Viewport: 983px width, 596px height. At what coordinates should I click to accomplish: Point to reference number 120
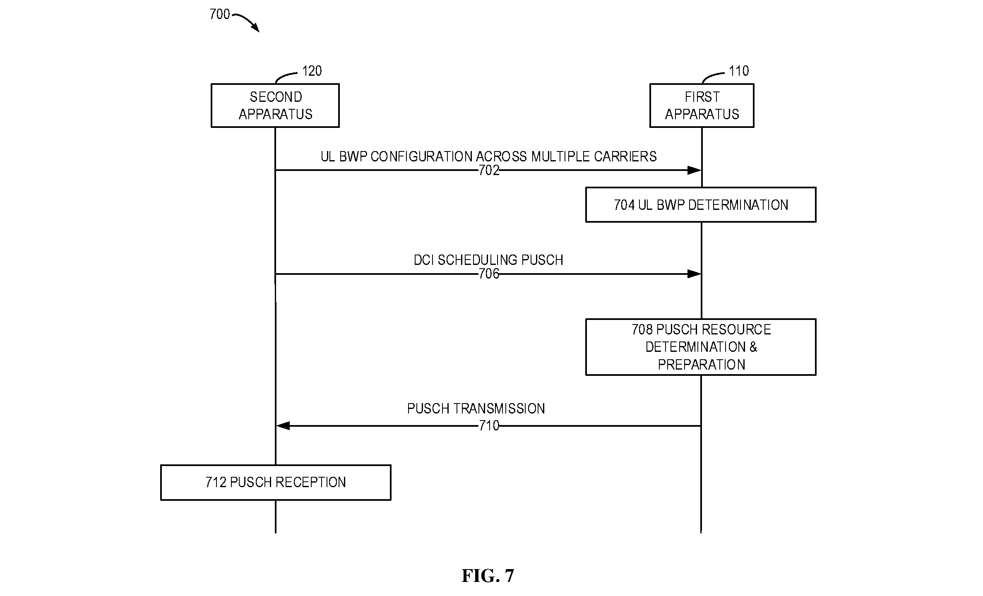pyautogui.click(x=312, y=71)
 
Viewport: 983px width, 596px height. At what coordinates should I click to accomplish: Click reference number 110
pyautogui.click(x=739, y=71)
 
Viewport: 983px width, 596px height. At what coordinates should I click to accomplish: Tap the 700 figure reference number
pyautogui.click(x=220, y=14)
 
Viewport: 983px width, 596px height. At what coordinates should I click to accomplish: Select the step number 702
pyautogui.click(x=489, y=171)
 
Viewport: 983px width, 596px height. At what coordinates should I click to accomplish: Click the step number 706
pyautogui.click(x=489, y=274)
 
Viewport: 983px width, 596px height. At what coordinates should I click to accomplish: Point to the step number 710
pyautogui.click(x=489, y=426)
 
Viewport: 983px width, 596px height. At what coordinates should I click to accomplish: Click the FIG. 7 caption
pyautogui.click(x=488, y=576)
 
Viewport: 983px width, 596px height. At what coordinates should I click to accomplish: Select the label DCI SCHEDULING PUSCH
pyautogui.click(x=488, y=260)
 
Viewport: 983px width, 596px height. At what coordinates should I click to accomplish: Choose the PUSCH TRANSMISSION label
pyautogui.click(x=476, y=409)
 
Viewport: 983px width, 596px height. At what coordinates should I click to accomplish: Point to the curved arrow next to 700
pyautogui.click(x=247, y=22)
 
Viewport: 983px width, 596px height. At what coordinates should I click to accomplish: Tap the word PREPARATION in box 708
pyautogui.click(x=702, y=365)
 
